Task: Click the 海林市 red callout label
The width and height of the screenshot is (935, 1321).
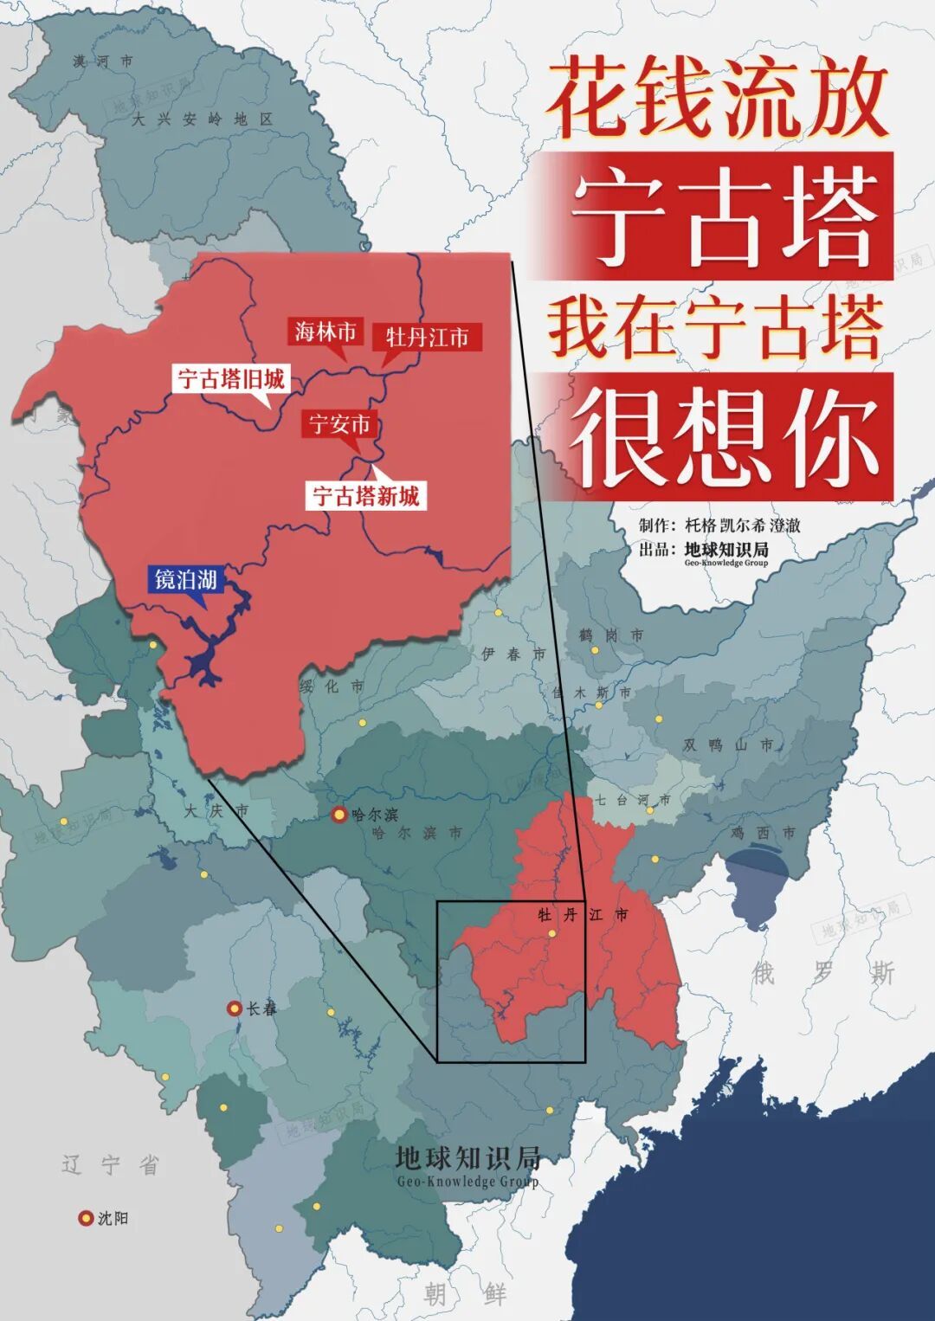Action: coord(326,332)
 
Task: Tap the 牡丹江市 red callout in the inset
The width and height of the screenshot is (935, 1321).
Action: coord(427,337)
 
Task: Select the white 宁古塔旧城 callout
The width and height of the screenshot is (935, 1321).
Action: coord(230,379)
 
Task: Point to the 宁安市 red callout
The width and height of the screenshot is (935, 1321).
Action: coord(340,424)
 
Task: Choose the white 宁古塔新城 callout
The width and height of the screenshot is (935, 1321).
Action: coord(365,496)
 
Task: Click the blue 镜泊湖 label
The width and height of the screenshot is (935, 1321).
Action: coord(185,579)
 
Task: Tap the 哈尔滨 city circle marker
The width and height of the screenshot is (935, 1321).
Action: coord(339,815)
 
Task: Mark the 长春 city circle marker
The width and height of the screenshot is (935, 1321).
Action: coord(234,1008)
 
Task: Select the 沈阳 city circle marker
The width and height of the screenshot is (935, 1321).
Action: coord(86,1218)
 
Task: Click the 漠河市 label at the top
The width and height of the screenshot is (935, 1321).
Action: coord(103,61)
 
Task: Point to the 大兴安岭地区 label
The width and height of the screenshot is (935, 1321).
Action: coord(203,119)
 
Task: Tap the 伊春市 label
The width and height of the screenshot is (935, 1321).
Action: coord(513,654)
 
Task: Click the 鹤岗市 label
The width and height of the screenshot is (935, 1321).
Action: coord(611,635)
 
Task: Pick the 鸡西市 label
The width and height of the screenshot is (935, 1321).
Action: coord(763,833)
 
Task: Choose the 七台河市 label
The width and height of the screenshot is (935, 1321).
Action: coord(632,800)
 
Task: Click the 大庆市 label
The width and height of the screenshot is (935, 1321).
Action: coord(216,811)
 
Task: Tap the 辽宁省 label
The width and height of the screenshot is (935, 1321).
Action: coord(111,1165)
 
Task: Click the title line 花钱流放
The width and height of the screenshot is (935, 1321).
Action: coord(718,96)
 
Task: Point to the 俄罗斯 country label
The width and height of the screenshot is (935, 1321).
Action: coord(822,973)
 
